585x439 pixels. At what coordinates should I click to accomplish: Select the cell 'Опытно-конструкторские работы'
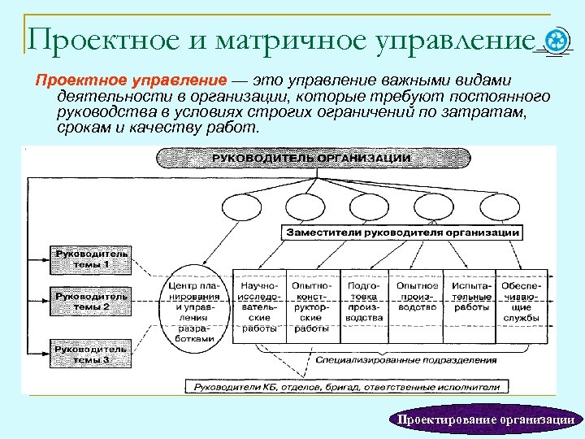(311, 307)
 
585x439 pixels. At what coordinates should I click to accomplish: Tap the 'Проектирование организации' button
(485, 419)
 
